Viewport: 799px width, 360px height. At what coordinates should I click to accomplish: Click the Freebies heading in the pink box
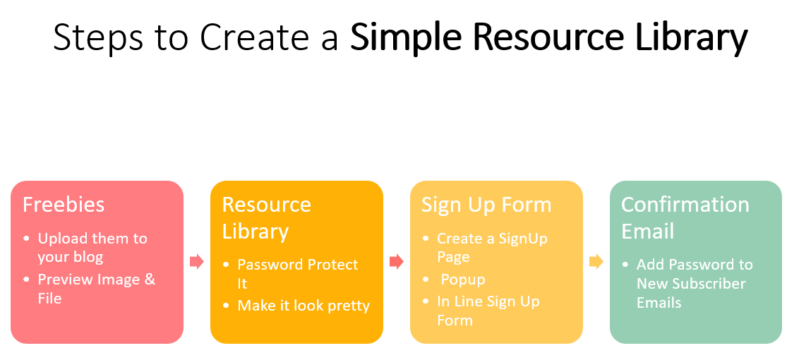pos(64,205)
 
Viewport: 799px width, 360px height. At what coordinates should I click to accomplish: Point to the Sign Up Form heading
pos(486,205)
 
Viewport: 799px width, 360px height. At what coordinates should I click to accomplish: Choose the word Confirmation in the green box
pos(685,205)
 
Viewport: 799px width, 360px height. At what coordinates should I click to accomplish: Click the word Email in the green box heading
pos(647,231)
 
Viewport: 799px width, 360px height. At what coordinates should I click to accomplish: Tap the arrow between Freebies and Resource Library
pos(197,262)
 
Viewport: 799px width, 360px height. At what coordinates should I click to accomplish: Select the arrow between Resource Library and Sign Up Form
pos(397,262)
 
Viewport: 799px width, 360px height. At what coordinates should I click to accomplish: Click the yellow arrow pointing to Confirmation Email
pos(596,262)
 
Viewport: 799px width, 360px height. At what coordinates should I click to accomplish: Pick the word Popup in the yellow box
pos(463,280)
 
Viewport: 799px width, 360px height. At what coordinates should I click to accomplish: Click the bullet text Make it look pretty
pos(304,306)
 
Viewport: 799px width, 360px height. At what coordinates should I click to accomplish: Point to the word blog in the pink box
pos(86,256)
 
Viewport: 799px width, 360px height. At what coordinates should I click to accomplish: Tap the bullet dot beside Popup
pos(426,280)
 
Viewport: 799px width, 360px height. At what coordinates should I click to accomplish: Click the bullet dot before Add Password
pos(626,265)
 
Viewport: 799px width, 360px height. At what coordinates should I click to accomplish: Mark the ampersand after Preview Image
pos(150,280)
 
